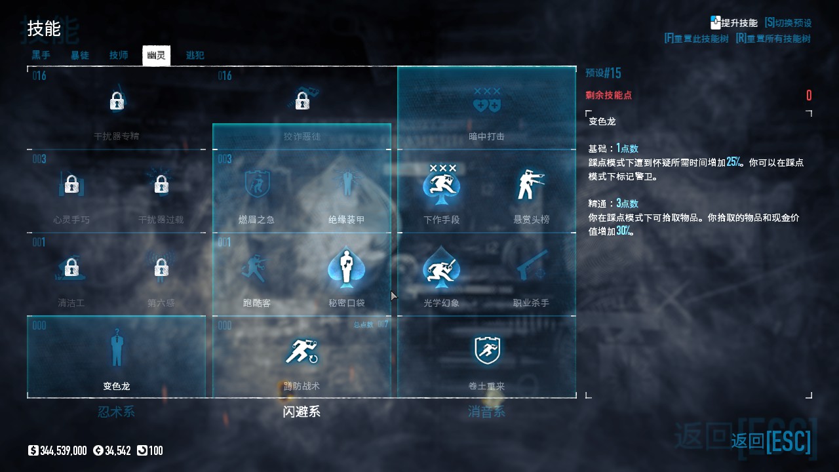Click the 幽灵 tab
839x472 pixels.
tap(156, 56)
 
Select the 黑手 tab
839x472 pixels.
tap(41, 56)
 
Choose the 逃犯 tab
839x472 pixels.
tap(195, 56)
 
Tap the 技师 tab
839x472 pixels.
tap(119, 56)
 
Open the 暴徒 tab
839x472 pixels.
tap(80, 56)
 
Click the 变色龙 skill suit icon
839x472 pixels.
tap(117, 349)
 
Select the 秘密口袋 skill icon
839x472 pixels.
tap(347, 267)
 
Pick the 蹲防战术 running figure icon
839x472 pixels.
tap(302, 351)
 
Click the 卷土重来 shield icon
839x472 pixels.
tap(487, 350)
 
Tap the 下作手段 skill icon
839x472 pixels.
tap(441, 185)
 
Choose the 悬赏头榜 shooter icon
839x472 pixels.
tap(531, 185)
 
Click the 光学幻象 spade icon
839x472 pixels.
tap(441, 267)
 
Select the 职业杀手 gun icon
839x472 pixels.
tap(531, 265)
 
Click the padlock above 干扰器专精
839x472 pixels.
tap(117, 101)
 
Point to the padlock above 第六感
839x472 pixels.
tap(161, 267)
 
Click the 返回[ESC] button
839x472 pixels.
tap(771, 441)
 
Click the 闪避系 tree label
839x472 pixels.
tap(302, 412)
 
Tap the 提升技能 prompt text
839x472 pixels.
tap(739, 23)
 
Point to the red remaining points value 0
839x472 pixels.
tap(809, 96)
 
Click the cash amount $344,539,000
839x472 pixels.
tap(63, 451)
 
